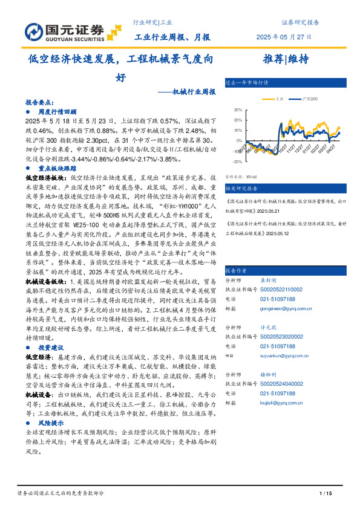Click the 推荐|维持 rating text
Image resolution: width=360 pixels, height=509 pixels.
pos(286,59)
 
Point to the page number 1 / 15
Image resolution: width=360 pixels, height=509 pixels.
pos(326,494)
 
